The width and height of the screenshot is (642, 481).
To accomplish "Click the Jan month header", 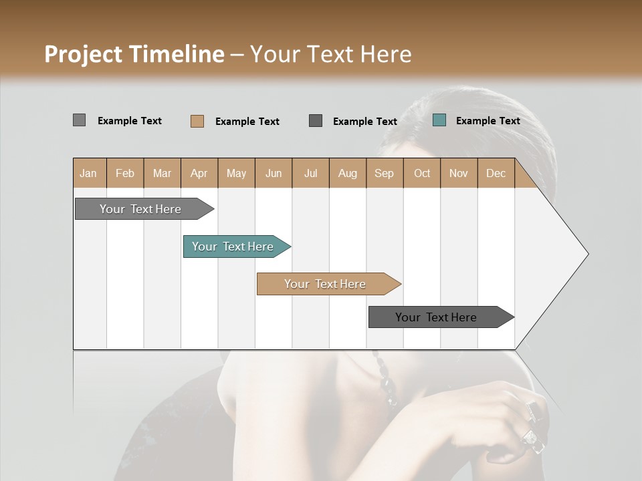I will (x=88, y=173).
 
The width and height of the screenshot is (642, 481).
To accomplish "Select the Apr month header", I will (x=199, y=173).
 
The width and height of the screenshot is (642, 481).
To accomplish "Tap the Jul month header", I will (x=310, y=173).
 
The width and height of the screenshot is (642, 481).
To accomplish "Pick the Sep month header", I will (x=384, y=173).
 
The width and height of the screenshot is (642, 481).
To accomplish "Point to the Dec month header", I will (x=496, y=173).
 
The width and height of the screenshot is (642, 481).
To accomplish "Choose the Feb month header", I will (x=125, y=173).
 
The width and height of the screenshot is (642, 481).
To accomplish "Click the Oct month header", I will (x=422, y=173).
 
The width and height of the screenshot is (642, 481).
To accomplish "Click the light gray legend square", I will (x=79, y=120).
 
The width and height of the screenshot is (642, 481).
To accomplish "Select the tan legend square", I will (x=197, y=121).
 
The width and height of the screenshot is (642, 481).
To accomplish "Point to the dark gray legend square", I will (x=316, y=121).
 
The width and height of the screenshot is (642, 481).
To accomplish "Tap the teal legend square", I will (x=439, y=120).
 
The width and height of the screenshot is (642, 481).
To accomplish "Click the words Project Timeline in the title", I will (x=134, y=54).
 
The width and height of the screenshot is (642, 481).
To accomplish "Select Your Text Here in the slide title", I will (x=330, y=54).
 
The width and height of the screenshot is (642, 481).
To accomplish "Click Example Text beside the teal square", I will (x=488, y=121).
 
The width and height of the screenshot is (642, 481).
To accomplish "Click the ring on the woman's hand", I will (x=532, y=438).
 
